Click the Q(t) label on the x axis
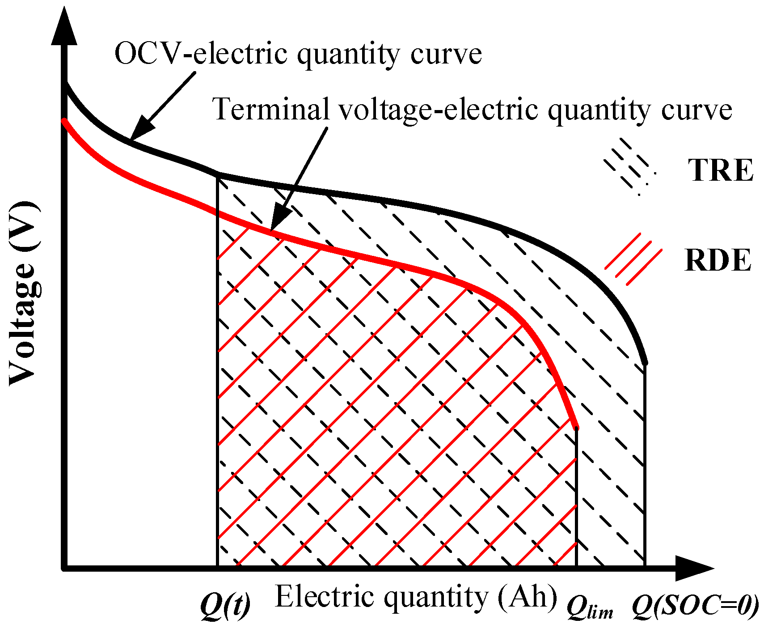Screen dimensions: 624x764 [225, 606]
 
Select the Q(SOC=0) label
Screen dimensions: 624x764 [696, 607]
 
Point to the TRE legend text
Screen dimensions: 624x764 [720, 170]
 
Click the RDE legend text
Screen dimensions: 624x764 [718, 260]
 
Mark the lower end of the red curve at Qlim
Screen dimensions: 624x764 [576, 427]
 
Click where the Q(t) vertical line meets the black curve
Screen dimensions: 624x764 [218, 174]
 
